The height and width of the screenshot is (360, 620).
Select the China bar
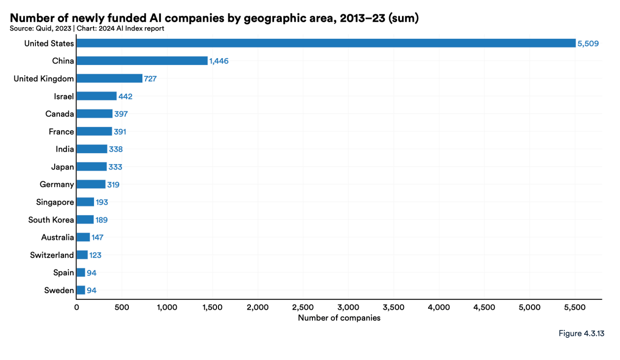[x=142, y=61]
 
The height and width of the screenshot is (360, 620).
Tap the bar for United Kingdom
[x=109, y=78]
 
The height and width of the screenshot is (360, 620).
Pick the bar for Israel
[x=96, y=96]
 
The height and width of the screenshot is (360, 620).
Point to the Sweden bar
[x=81, y=290]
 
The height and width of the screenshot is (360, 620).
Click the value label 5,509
[x=588, y=44]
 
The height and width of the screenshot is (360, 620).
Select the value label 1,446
[x=219, y=61]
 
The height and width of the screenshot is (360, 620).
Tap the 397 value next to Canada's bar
[x=121, y=114]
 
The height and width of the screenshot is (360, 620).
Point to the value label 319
[x=113, y=185]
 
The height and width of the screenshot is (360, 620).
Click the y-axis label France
[x=61, y=131]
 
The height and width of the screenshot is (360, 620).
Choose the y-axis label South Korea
[x=51, y=219]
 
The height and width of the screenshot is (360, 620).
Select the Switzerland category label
[x=52, y=255]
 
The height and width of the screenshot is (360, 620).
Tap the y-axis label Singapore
[x=55, y=202]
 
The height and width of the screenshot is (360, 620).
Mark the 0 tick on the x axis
[x=77, y=307]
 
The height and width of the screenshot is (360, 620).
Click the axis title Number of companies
[x=339, y=318]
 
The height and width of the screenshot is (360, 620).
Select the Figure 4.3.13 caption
[x=581, y=333]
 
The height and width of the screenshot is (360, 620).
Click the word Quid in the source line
[x=43, y=28]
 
